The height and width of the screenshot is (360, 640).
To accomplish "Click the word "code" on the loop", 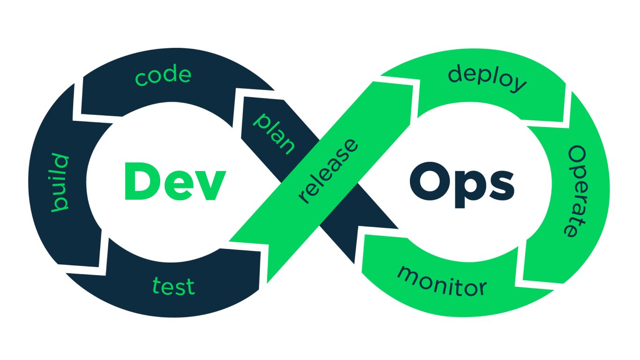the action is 163,76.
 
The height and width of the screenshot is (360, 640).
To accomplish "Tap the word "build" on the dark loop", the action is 60,183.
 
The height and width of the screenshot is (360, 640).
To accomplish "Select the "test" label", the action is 174,285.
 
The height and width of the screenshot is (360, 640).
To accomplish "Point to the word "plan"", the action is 274,134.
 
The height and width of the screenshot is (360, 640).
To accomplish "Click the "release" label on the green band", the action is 327,171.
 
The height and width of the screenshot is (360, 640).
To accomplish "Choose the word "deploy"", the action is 487,78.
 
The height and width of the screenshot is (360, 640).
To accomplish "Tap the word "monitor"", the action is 442,281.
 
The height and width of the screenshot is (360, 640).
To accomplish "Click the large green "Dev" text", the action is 175,181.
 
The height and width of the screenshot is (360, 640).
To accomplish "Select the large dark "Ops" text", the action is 462,184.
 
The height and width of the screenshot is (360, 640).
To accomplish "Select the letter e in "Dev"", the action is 176,185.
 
